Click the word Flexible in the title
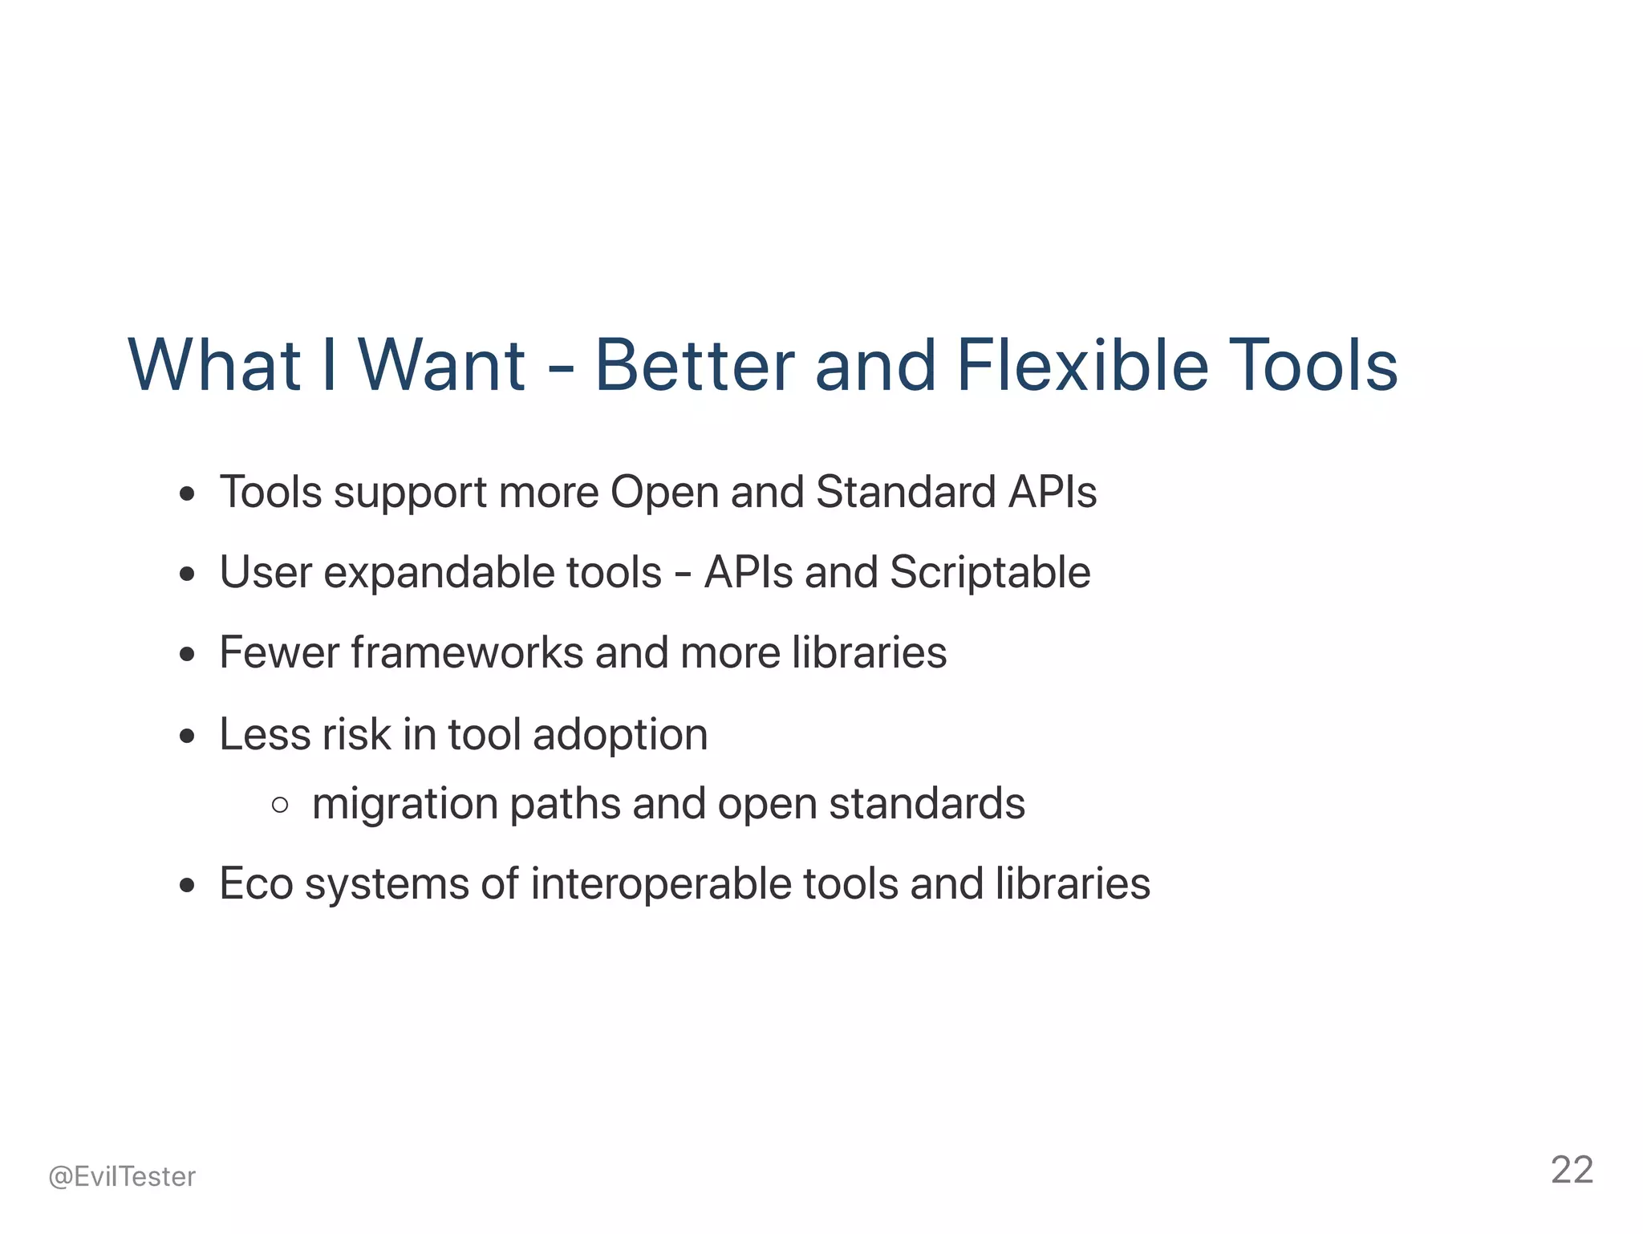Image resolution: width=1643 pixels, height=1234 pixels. coord(1082,365)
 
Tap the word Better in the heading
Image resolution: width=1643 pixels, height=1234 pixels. coord(694,365)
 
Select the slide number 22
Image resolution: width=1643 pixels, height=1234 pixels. coord(1572,1170)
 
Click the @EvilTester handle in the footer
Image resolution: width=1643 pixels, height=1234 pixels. coord(122,1176)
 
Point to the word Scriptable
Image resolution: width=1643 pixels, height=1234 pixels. coord(990,573)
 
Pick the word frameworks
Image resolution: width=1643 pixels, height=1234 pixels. coord(467,652)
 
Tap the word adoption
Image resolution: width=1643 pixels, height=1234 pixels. coord(620,735)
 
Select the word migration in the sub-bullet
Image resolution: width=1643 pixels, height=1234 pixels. coord(404,804)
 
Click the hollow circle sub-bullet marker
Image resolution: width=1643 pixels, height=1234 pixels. coord(280,805)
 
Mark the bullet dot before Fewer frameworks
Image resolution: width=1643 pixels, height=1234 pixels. coord(188,655)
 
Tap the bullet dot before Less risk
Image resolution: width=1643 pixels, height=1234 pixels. coord(188,736)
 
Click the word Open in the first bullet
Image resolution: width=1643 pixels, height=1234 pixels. coord(664,493)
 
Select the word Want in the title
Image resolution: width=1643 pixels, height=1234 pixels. coord(442,365)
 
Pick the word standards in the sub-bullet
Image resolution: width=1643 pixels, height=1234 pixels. coord(927,804)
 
